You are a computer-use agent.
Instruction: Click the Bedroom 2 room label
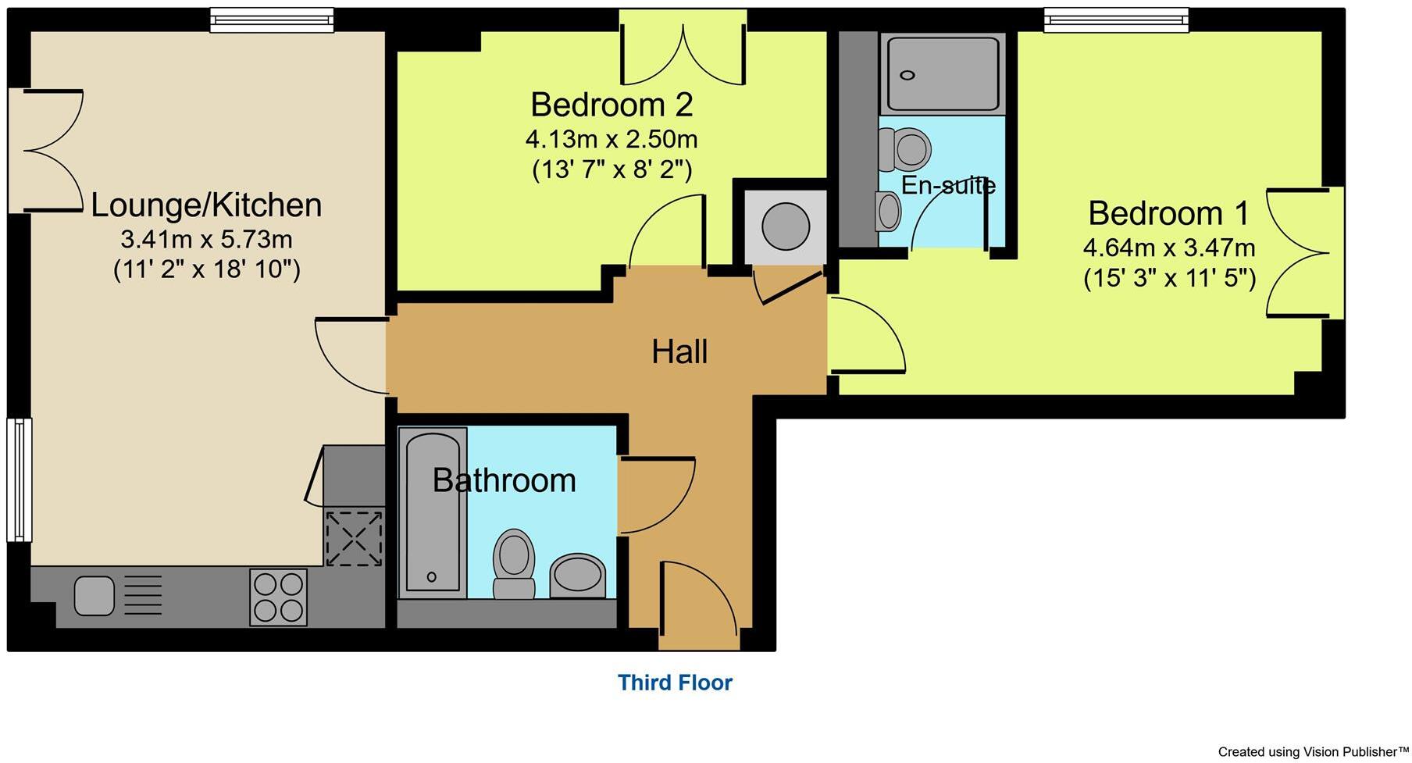pyautogui.click(x=612, y=105)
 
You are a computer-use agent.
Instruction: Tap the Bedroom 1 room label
pyautogui.click(x=1168, y=213)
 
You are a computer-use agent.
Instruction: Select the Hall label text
pyautogui.click(x=679, y=352)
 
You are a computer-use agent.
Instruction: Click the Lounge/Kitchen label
pyautogui.click(x=206, y=205)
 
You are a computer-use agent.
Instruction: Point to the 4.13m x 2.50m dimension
pyautogui.click(x=612, y=140)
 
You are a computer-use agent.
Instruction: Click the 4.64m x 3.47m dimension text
pyautogui.click(x=1168, y=248)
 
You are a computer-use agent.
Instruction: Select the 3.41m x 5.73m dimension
pyautogui.click(x=206, y=239)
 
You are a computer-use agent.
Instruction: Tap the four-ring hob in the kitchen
pyautogui.click(x=279, y=597)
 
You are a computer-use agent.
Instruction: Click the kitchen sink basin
pyautogui.click(x=94, y=597)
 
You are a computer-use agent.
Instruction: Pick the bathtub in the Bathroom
pyautogui.click(x=433, y=512)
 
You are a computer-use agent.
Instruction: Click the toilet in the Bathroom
pyautogui.click(x=513, y=562)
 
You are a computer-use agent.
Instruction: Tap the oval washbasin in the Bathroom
pyautogui.click(x=577, y=576)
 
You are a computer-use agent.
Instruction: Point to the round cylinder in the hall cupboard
pyautogui.click(x=785, y=226)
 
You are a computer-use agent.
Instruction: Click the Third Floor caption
pyautogui.click(x=675, y=683)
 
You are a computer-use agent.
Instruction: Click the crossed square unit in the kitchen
pyautogui.click(x=355, y=538)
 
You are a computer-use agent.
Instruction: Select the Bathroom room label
pyautogui.click(x=505, y=480)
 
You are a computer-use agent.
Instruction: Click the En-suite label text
pyautogui.click(x=948, y=186)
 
